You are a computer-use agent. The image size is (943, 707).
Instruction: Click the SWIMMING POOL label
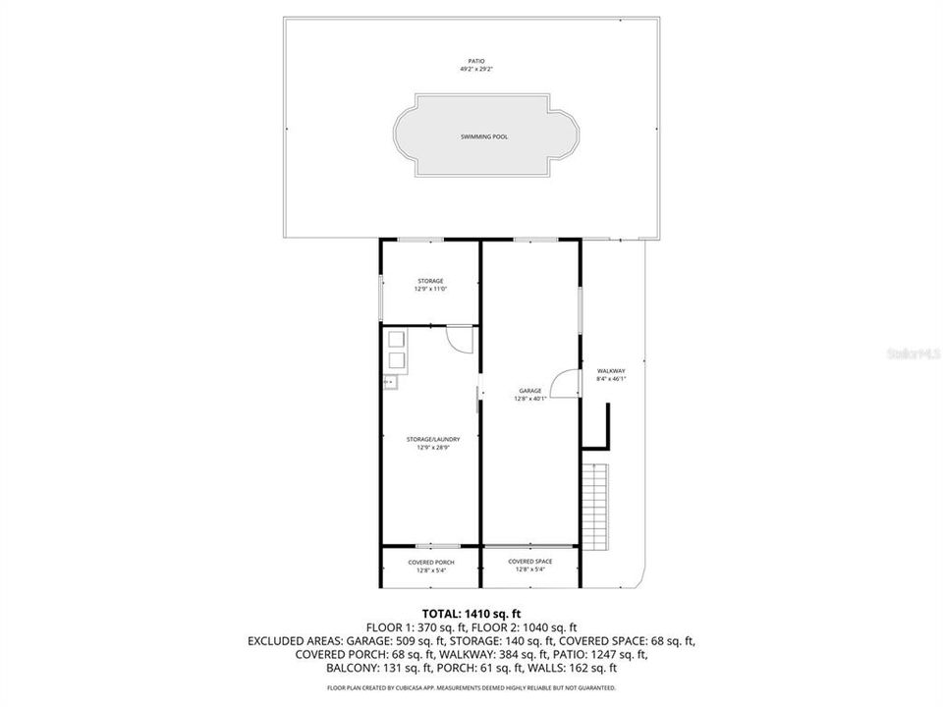(x=484, y=136)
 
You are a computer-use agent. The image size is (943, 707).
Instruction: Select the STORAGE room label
(x=430, y=281)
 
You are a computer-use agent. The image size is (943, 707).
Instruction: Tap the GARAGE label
(x=530, y=391)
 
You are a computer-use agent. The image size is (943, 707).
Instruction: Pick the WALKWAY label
(x=611, y=370)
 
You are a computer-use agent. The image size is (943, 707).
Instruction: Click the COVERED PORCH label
(x=430, y=563)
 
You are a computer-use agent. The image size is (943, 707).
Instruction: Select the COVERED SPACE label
(x=530, y=562)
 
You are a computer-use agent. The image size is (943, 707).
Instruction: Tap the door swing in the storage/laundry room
(x=459, y=337)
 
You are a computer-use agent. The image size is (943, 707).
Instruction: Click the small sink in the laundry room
(x=390, y=381)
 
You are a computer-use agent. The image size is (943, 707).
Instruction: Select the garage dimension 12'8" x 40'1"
(x=530, y=399)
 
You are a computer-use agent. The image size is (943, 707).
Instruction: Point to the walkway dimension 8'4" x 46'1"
(x=611, y=378)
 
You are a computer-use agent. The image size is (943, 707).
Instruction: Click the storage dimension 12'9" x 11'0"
(x=430, y=289)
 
